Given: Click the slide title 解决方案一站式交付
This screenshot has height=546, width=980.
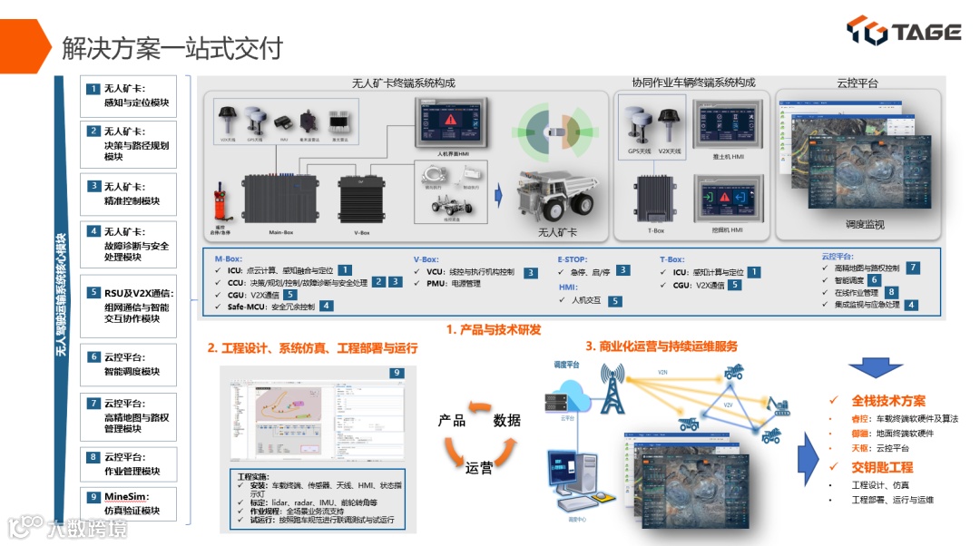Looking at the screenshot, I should coord(172,47).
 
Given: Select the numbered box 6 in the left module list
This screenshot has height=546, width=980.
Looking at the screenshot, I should coord(93,357).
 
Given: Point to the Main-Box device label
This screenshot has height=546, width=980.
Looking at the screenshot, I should coord(281,232).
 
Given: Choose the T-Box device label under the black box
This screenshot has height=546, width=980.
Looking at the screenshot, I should coord(655,230).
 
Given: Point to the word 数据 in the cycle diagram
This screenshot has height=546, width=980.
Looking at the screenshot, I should coord(507,421).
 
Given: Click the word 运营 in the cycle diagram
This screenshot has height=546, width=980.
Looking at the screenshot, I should coord(479,469).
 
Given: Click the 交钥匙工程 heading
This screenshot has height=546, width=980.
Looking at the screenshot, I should coord(882,467).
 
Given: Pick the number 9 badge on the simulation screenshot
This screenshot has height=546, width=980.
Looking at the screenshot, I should coord(396,373).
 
